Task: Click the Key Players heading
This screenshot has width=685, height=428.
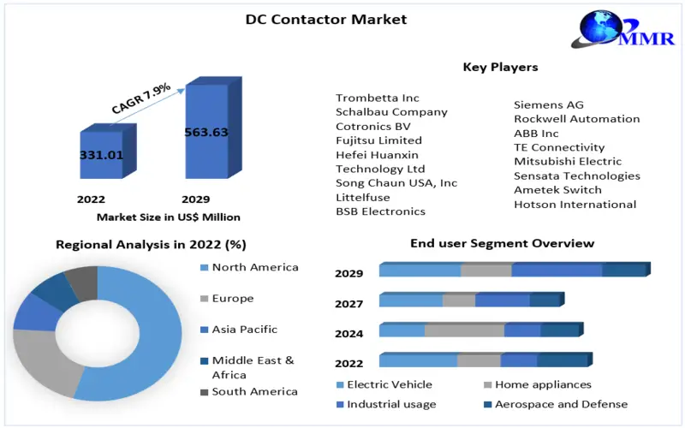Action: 500,67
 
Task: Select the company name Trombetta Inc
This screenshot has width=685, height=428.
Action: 378,98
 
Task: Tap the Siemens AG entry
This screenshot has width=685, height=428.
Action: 549,104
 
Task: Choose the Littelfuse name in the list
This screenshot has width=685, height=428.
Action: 364,197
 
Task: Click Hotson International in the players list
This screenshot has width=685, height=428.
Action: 575,204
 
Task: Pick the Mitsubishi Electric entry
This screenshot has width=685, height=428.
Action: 568,161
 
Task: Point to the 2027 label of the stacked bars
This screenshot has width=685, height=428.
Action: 349,303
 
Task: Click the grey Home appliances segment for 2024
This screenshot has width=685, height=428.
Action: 464,330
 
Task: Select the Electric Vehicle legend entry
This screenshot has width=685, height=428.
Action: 389,384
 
